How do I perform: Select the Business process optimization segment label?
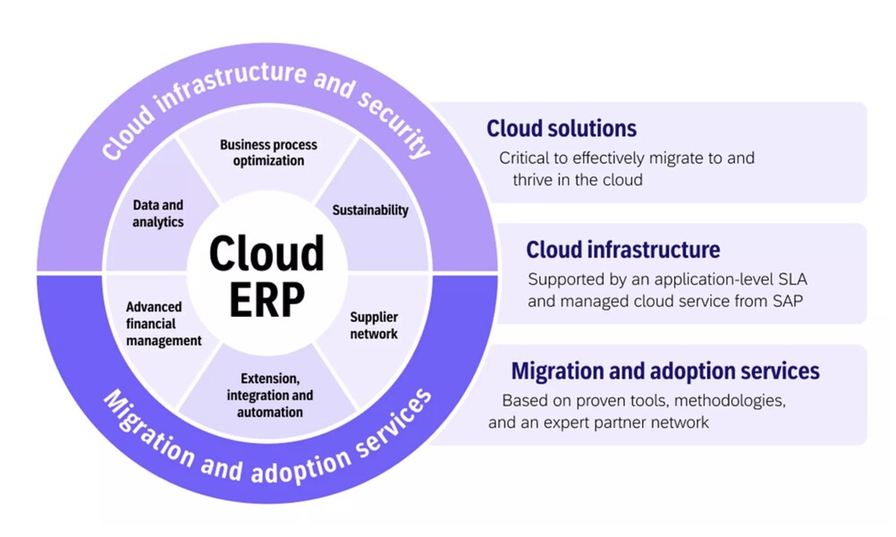click(x=268, y=153)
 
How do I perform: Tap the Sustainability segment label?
click(x=370, y=210)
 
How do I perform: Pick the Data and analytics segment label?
click(x=158, y=213)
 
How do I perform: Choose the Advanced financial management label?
click(x=163, y=323)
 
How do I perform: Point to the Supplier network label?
click(x=374, y=326)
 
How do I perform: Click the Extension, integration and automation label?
click(x=270, y=395)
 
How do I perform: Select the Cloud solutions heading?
click(x=562, y=129)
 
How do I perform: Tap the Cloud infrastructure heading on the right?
click(x=622, y=250)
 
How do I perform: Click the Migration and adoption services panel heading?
click(x=664, y=371)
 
